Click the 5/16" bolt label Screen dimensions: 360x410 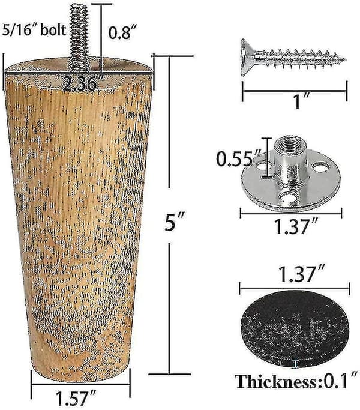coord(34,30)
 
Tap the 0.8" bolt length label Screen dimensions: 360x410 coord(119,32)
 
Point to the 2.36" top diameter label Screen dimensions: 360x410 coord(80,83)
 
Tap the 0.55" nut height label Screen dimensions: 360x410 coord(235,159)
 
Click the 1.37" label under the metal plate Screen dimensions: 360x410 coord(296,226)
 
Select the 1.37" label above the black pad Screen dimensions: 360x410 coord(302,274)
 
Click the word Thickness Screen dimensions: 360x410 coord(276,382)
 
